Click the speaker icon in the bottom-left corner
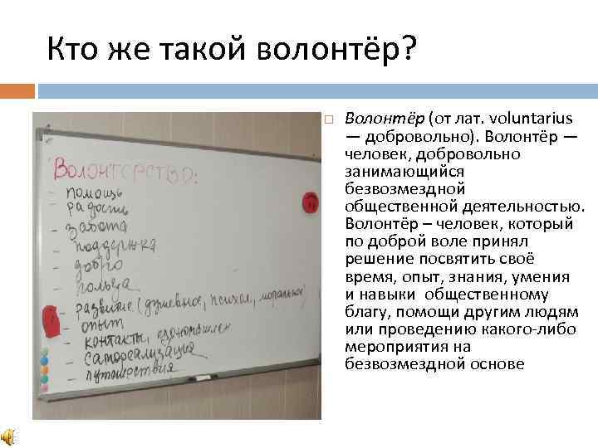[8, 437]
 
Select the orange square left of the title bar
[17, 90]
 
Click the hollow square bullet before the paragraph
[329, 119]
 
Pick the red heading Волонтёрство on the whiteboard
[125, 170]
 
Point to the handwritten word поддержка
[115, 246]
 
